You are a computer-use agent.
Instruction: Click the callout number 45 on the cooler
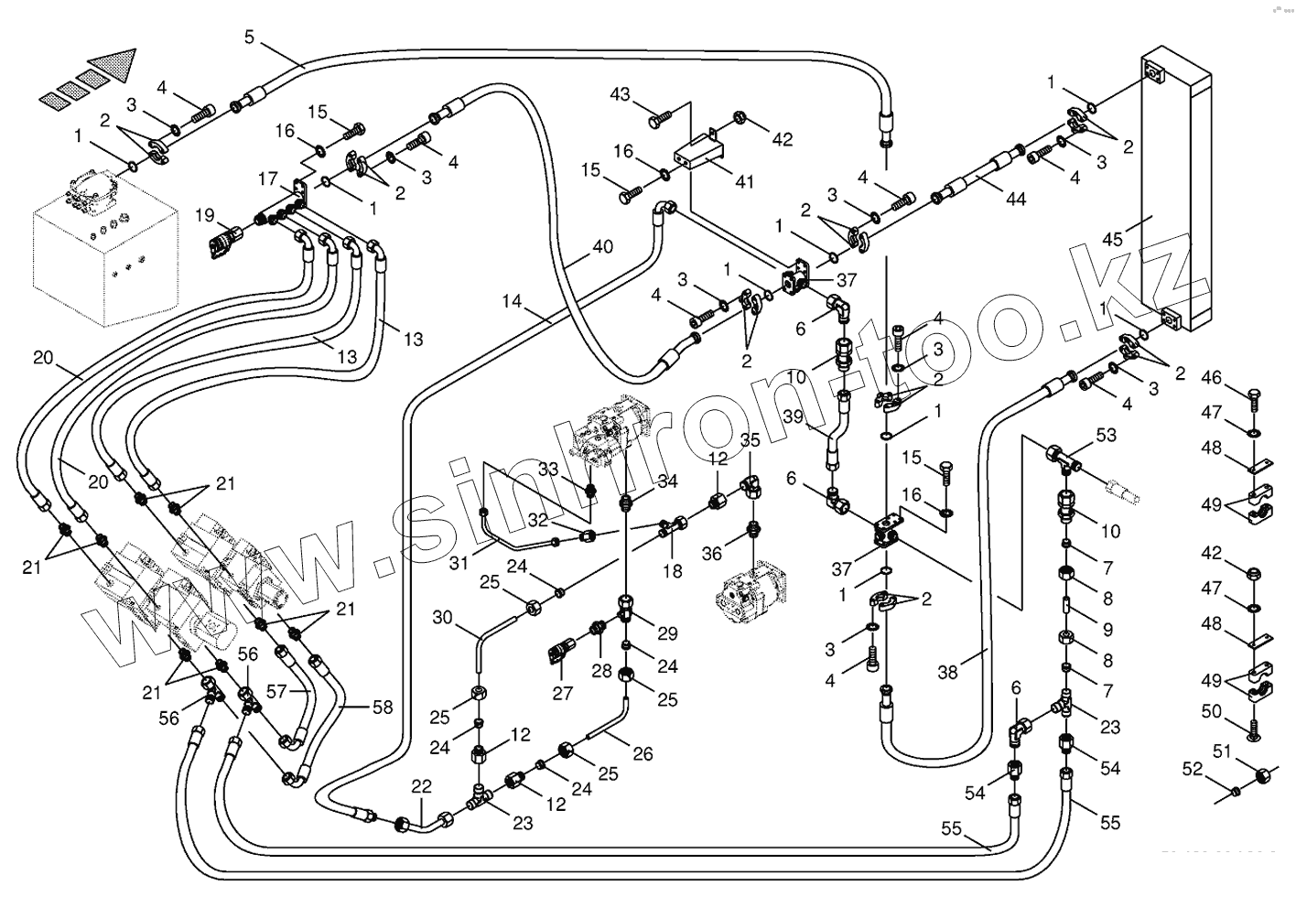point(1112,240)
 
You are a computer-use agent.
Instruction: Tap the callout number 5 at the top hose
point(250,37)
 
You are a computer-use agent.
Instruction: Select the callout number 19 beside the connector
point(204,216)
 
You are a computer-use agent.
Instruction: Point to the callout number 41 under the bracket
point(744,181)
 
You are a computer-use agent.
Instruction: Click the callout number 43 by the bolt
point(621,94)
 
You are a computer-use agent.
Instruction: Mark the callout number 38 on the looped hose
point(947,673)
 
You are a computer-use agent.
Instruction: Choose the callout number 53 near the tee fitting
point(1107,435)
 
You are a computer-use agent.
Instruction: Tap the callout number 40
point(601,246)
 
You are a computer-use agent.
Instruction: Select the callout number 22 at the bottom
point(421,785)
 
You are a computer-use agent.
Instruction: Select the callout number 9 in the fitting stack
point(1107,630)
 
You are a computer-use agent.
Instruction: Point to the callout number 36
point(713,553)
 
